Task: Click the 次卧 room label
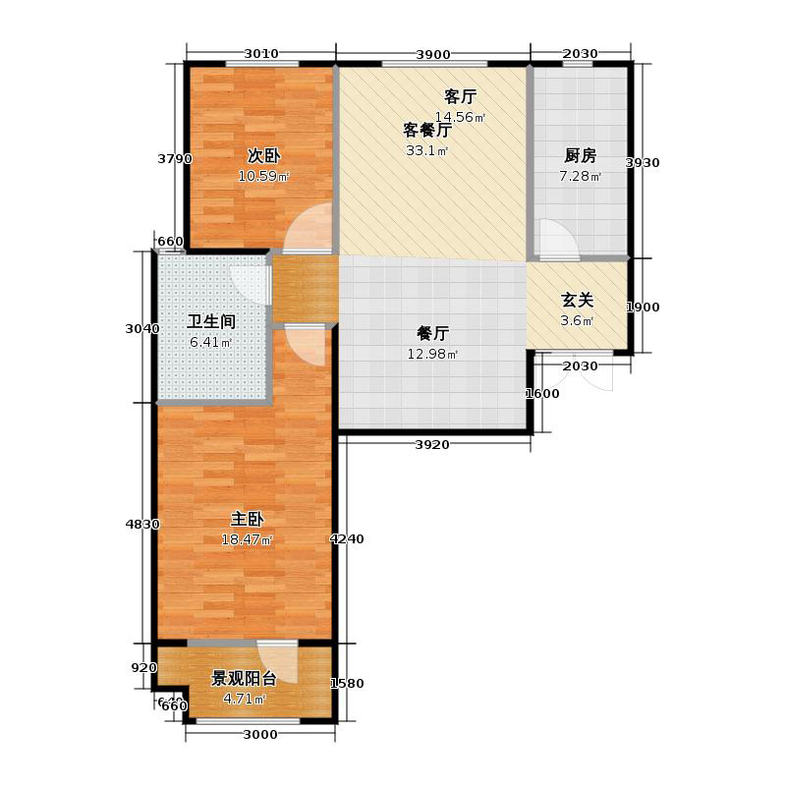click(261, 155)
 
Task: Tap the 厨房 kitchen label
click(581, 155)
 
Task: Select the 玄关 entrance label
click(577, 301)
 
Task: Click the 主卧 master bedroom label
click(247, 519)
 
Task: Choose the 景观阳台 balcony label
click(244, 678)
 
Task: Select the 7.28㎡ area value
click(581, 177)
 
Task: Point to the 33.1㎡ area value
click(427, 151)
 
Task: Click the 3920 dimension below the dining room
click(432, 445)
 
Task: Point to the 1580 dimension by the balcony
click(349, 684)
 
